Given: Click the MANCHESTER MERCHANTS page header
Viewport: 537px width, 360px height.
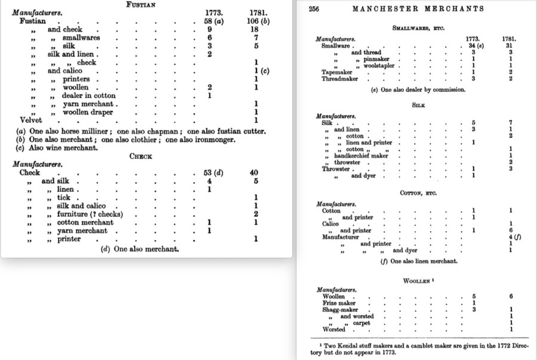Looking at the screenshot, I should coord(418,9).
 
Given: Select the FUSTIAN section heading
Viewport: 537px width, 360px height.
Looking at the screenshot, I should coord(141,4).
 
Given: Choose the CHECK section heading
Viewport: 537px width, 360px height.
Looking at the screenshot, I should coord(141,156).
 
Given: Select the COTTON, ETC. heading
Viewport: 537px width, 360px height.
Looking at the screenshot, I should coord(418,193).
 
